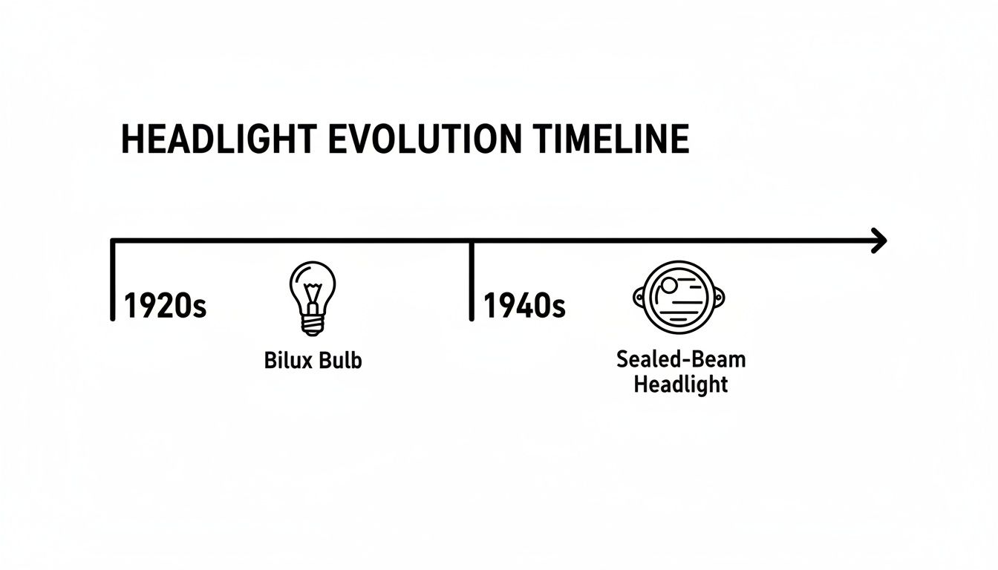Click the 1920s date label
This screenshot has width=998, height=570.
point(165,305)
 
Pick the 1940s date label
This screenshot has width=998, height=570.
point(524,305)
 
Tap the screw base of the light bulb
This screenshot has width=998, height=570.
point(312,325)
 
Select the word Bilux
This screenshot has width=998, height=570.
point(288,361)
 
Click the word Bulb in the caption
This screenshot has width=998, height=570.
point(340,361)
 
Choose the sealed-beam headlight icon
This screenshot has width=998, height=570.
point(679,298)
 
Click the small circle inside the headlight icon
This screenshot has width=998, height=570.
point(670,285)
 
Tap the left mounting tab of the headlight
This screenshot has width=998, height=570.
point(639,298)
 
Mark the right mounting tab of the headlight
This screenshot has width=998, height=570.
point(719,298)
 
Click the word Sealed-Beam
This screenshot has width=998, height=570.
point(681,360)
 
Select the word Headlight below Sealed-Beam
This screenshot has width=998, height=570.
point(681,384)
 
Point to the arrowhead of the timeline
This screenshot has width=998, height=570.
point(879,240)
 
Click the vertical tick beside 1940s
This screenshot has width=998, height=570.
point(472,281)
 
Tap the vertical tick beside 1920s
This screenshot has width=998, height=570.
point(113,281)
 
